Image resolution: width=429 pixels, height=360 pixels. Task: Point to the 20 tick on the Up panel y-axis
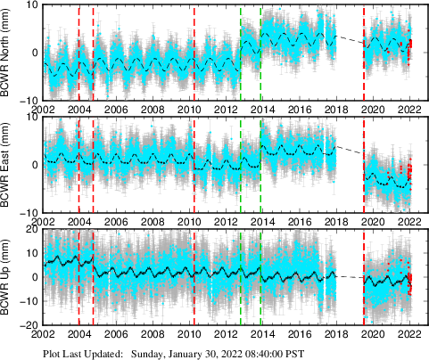point(31,230)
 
